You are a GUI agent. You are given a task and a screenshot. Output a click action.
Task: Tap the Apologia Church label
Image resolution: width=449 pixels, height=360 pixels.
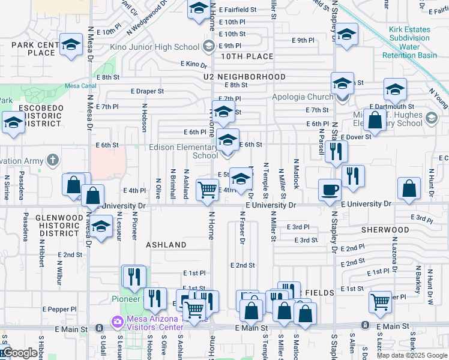coord(303,97)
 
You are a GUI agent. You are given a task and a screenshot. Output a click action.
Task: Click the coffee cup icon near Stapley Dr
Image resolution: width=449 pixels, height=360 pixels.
coord(329,190)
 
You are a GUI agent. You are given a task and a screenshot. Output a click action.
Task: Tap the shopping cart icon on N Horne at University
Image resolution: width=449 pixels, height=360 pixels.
coord(207,190)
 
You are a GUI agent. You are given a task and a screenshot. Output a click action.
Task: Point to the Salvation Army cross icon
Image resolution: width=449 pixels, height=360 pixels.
coord(53,160)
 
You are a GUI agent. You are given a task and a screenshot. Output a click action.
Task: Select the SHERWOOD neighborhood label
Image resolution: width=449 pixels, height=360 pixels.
coord(385,230)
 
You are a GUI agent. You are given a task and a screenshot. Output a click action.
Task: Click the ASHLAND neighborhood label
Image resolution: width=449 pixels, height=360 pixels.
coord(166,245)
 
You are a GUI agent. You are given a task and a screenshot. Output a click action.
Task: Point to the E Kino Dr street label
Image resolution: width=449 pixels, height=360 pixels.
coord(193,64)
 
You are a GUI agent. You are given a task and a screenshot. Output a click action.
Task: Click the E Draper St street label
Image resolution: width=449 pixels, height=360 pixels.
coord(147,91)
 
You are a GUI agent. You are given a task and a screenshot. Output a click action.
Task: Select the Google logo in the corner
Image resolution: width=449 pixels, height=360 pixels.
coord(19,353)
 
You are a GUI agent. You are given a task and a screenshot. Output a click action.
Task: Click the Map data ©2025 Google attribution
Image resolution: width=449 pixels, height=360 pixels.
coord(412,355)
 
